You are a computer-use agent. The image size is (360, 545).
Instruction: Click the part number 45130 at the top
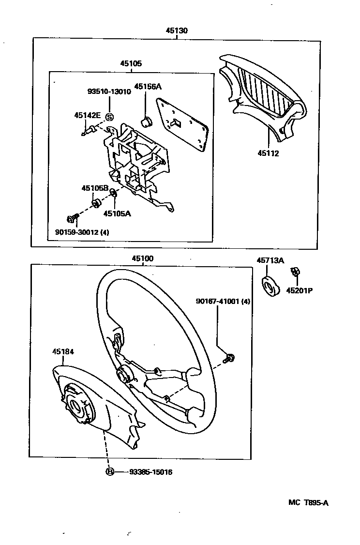(177, 30)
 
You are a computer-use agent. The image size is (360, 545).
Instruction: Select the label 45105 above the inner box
(131, 63)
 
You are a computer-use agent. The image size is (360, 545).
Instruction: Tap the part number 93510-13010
(109, 91)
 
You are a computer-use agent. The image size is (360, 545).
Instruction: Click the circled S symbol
(109, 117)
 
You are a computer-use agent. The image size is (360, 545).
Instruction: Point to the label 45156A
(148, 87)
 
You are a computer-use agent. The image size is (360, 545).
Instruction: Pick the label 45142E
(87, 115)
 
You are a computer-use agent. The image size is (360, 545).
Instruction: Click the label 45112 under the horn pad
(269, 153)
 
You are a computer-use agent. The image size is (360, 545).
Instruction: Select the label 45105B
(94, 188)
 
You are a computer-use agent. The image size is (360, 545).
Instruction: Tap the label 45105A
(117, 212)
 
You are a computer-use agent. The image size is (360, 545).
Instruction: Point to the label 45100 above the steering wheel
(142, 259)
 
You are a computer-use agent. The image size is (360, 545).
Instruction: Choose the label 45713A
(270, 261)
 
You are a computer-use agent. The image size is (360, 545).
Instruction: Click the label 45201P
(299, 291)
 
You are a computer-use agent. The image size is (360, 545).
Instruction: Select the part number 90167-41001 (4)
(223, 301)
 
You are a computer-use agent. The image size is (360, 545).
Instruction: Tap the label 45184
(63, 352)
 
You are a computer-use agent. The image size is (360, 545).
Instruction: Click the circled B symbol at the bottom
(110, 472)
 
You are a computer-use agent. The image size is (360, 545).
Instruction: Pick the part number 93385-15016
(150, 472)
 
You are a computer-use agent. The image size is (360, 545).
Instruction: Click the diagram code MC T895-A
(308, 502)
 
